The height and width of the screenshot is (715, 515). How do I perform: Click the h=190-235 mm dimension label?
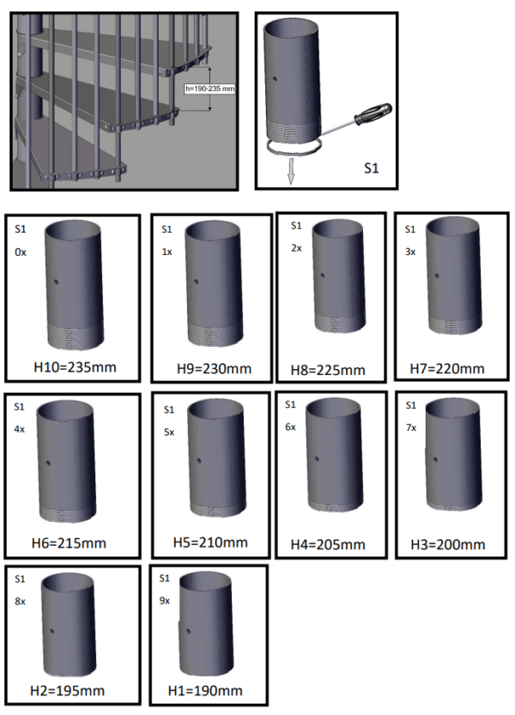pyautogui.click(x=209, y=88)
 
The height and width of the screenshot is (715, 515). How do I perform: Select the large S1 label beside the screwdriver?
pyautogui.click(x=372, y=168)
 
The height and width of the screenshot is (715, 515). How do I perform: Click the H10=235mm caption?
pyautogui.click(x=75, y=367)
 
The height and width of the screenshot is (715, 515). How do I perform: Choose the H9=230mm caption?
pyautogui.click(x=214, y=368)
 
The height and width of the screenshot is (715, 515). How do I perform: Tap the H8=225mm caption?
pyautogui.click(x=328, y=370)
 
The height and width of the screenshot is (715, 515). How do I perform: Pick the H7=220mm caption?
pyautogui.click(x=447, y=368)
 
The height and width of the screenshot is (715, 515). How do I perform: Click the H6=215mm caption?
pyautogui.click(x=69, y=543)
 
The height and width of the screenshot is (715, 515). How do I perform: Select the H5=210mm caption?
pyautogui.click(x=210, y=542)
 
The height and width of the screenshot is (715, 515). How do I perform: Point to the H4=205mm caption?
pyautogui.click(x=328, y=544)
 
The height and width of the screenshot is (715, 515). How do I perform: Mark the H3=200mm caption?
pyautogui.click(x=448, y=544)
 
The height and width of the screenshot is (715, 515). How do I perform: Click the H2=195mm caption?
pyautogui.click(x=68, y=691)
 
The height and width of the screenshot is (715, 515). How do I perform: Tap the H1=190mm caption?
pyautogui.click(x=205, y=691)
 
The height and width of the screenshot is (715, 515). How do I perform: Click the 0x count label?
pyautogui.click(x=21, y=252)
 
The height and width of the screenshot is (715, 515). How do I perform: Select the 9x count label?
pyautogui.click(x=164, y=601)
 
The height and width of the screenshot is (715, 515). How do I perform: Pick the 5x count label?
pyautogui.click(x=169, y=433)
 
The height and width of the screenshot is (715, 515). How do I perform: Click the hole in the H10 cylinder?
pyautogui.click(x=56, y=282)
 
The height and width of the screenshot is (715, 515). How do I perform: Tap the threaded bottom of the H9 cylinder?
pyautogui.click(x=215, y=335)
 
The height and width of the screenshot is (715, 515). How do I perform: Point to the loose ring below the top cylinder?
pyautogui.click(x=294, y=147)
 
